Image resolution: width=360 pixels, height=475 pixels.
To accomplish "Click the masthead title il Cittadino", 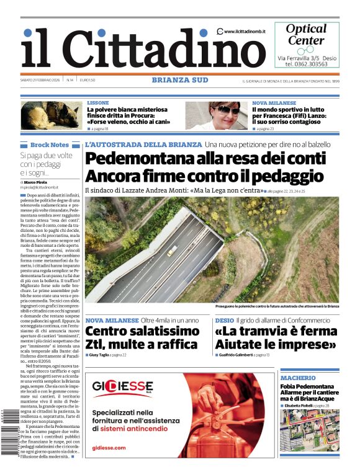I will tap(133, 48).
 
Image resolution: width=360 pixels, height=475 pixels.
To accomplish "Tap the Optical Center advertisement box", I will tap(307, 45).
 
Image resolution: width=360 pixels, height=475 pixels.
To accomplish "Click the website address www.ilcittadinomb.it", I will tap(246, 31).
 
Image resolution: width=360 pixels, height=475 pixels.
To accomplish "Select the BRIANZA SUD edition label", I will tap(180, 80).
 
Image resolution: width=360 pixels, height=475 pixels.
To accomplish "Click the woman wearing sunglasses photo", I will tap(217, 115).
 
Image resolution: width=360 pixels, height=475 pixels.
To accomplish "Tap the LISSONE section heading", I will tap(98, 103).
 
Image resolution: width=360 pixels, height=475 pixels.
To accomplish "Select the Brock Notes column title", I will tap(50, 144).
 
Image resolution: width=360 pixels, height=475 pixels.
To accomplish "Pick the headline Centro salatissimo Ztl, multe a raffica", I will tap(142, 337).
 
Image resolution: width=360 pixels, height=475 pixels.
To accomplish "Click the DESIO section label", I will tap(224, 320).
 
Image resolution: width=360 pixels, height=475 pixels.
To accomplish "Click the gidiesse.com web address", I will tap(108, 447).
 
